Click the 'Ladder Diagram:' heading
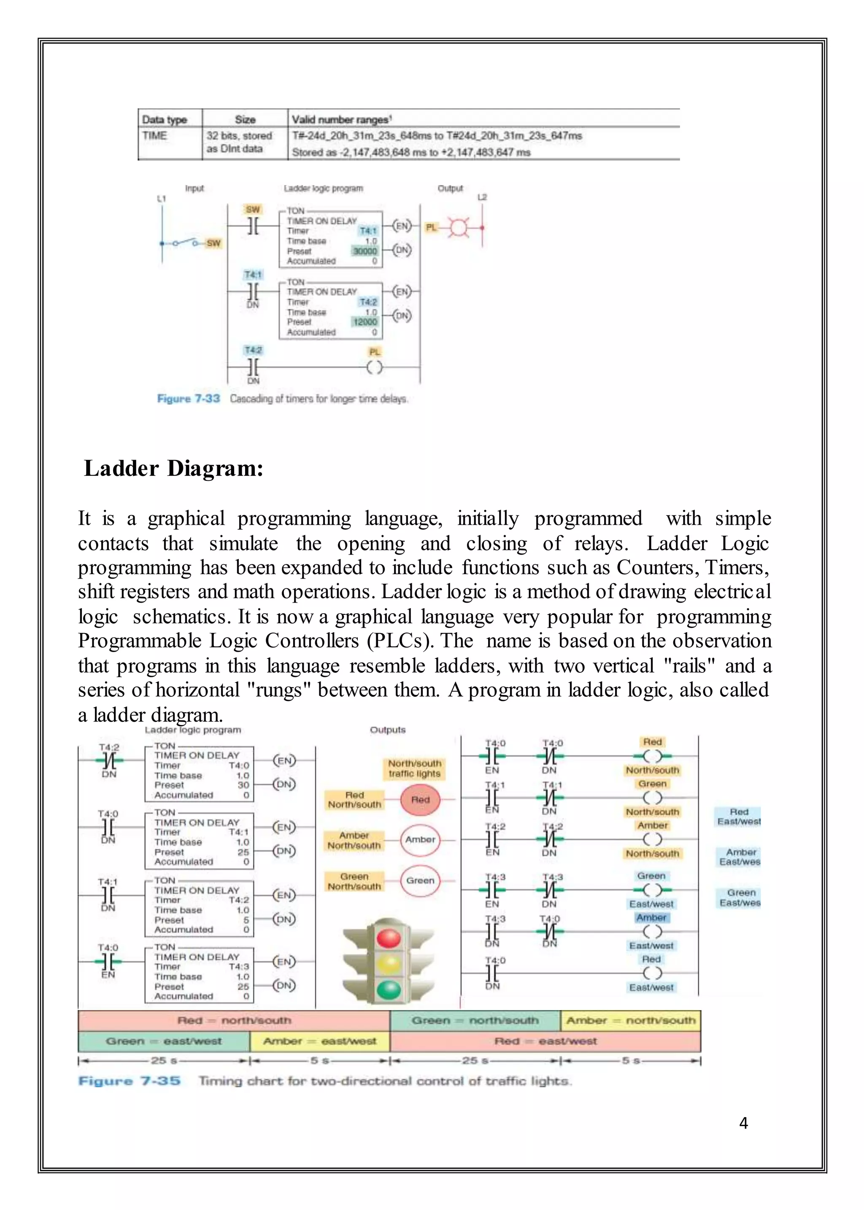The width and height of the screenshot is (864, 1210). (173, 469)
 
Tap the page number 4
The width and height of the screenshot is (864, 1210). (743, 1123)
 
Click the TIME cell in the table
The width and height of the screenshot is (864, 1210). (155, 136)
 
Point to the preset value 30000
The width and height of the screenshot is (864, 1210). (365, 251)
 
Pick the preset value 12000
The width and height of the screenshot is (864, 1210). (365, 322)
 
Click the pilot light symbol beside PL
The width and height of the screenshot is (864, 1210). (458, 228)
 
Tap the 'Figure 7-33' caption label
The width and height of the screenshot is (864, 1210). (188, 399)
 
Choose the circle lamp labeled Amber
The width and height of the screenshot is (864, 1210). (420, 840)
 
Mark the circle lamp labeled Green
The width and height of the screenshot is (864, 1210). (420, 881)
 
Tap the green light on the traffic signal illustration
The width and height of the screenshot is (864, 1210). (389, 990)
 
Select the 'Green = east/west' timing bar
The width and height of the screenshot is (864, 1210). (163, 1041)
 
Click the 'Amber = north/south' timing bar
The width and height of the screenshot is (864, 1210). (630, 1020)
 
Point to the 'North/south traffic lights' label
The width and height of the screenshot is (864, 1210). (414, 768)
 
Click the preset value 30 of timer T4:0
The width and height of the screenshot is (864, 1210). (244, 785)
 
